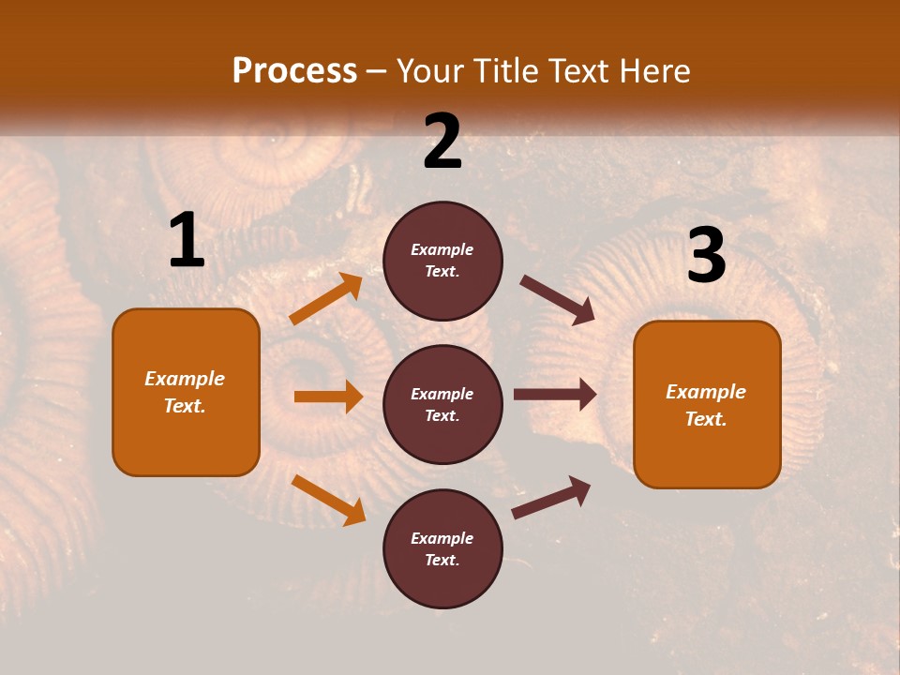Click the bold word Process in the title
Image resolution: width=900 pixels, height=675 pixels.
coord(294,71)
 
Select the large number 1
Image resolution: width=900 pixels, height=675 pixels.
coord(187,241)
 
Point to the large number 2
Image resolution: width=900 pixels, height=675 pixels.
coord(442,142)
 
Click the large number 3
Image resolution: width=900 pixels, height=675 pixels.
coord(706,256)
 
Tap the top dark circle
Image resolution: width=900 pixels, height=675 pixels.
coord(442,261)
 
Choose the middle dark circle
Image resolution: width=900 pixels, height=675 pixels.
coord(442,404)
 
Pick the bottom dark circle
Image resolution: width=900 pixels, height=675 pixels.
coord(442,548)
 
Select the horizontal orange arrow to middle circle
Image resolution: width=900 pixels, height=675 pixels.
coord(328,397)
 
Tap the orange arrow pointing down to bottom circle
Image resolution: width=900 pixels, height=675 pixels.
coord(328,500)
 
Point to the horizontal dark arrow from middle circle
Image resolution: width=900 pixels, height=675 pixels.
coord(555,395)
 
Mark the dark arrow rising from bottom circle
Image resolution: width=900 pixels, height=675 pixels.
coord(551,497)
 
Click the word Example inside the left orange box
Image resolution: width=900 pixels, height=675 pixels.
coord(185,379)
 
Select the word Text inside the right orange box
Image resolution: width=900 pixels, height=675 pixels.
coord(706,419)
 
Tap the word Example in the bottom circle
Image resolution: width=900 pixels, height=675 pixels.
coord(442,538)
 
